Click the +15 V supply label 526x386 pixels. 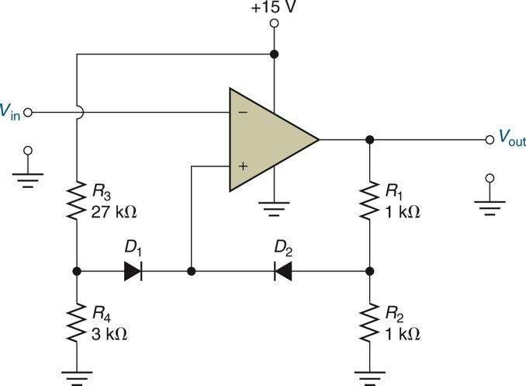click(x=273, y=9)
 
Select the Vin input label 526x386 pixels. click(x=11, y=113)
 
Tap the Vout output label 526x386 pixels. click(x=510, y=141)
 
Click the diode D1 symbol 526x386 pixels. click(x=132, y=273)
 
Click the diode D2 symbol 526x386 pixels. click(x=282, y=273)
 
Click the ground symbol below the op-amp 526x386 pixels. click(x=273, y=207)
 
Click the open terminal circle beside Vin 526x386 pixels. click(x=29, y=113)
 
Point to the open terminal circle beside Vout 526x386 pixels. click(x=489, y=140)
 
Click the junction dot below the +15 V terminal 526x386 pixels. click(x=273, y=55)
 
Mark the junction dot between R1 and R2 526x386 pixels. click(x=369, y=273)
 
